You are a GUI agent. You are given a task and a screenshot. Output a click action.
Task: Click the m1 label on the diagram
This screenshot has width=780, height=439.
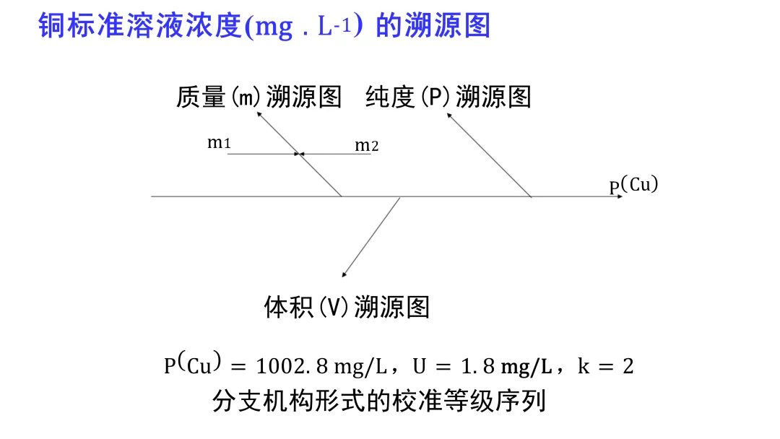[219, 142]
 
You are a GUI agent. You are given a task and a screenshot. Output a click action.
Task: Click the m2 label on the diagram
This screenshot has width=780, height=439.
[366, 145]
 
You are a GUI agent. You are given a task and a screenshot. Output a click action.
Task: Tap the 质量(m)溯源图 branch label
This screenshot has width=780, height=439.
[259, 97]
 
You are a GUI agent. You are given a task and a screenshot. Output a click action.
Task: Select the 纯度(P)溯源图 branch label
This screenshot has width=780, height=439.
[448, 97]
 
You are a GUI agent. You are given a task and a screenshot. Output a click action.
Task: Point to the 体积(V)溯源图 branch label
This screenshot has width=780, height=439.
[347, 308]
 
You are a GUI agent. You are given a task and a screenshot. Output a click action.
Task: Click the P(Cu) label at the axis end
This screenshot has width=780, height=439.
[633, 186]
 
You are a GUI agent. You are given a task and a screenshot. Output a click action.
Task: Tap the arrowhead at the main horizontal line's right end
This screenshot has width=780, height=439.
[618, 196]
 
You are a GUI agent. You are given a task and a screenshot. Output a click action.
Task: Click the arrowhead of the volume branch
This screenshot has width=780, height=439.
[344, 274]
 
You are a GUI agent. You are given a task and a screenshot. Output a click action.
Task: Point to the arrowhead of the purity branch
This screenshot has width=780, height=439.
[448, 116]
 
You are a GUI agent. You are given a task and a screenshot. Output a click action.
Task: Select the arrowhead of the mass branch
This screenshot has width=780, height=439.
[259, 116]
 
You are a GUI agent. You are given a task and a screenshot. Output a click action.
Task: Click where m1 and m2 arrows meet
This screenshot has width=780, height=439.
[299, 154]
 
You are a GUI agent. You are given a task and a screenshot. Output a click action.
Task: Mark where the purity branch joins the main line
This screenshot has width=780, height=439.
[532, 196]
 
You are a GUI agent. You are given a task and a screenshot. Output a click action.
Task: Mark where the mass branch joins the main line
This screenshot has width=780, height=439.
[342, 196]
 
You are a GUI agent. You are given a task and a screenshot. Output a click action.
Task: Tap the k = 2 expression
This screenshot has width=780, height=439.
[605, 367]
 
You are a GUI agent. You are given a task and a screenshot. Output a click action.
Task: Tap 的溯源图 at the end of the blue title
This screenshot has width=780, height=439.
[433, 26]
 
